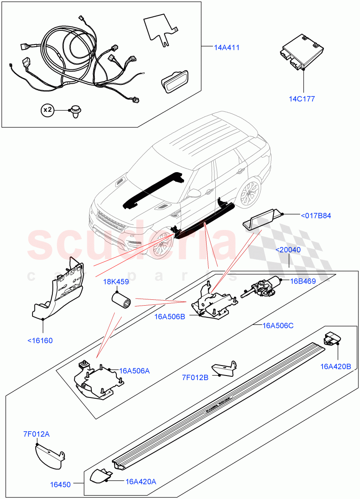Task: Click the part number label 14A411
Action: [227, 48]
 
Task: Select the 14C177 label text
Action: [302, 99]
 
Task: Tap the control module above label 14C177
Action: [301, 52]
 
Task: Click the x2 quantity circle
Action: [48, 110]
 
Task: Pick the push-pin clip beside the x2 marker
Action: [75, 111]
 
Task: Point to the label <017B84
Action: [316, 215]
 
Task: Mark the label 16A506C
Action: [278, 325]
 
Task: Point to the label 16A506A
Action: [134, 371]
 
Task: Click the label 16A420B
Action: [335, 366]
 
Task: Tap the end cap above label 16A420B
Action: [333, 338]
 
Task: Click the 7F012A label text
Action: [37, 434]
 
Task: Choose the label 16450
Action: [60, 484]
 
